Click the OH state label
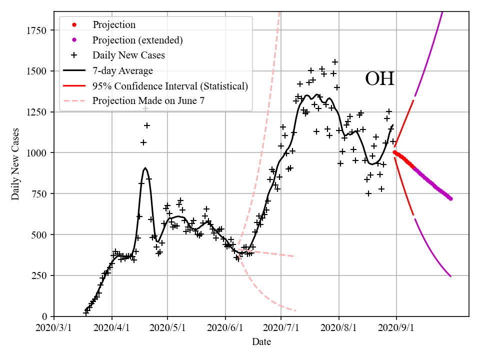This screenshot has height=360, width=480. tap(379, 79)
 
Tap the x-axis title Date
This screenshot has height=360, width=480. tap(261, 342)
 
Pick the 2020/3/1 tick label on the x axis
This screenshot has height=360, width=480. tap(54, 328)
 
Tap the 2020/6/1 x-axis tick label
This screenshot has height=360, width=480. tap(225, 328)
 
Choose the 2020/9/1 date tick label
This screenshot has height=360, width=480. tap(396, 328)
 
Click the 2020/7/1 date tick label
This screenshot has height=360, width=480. tap(281, 328)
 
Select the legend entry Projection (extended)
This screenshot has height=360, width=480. tap(137, 40)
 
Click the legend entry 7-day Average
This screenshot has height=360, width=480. tap(122, 70)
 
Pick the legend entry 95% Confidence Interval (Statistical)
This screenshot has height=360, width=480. tap(170, 85)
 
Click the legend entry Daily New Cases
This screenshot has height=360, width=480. tap(128, 55)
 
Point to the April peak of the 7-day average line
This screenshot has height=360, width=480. tap(145, 168)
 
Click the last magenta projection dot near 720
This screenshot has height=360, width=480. tap(450, 198)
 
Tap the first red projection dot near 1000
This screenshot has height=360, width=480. tap(394, 152)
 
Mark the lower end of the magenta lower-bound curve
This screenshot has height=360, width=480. tap(450, 276)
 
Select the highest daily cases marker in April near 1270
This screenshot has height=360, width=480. tap(145, 108)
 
